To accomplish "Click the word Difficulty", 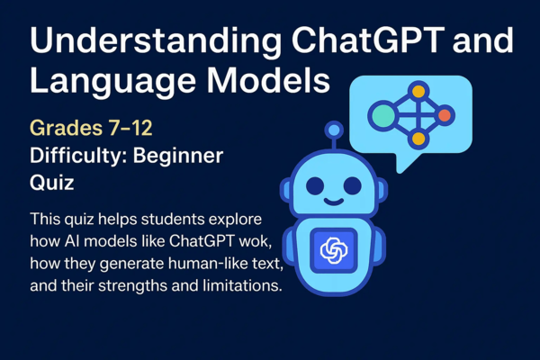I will click(x=77, y=157).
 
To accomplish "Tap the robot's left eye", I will click(x=315, y=185).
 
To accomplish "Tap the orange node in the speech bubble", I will click(x=444, y=115).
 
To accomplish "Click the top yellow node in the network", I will click(x=417, y=91).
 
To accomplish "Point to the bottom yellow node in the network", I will click(x=417, y=140).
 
